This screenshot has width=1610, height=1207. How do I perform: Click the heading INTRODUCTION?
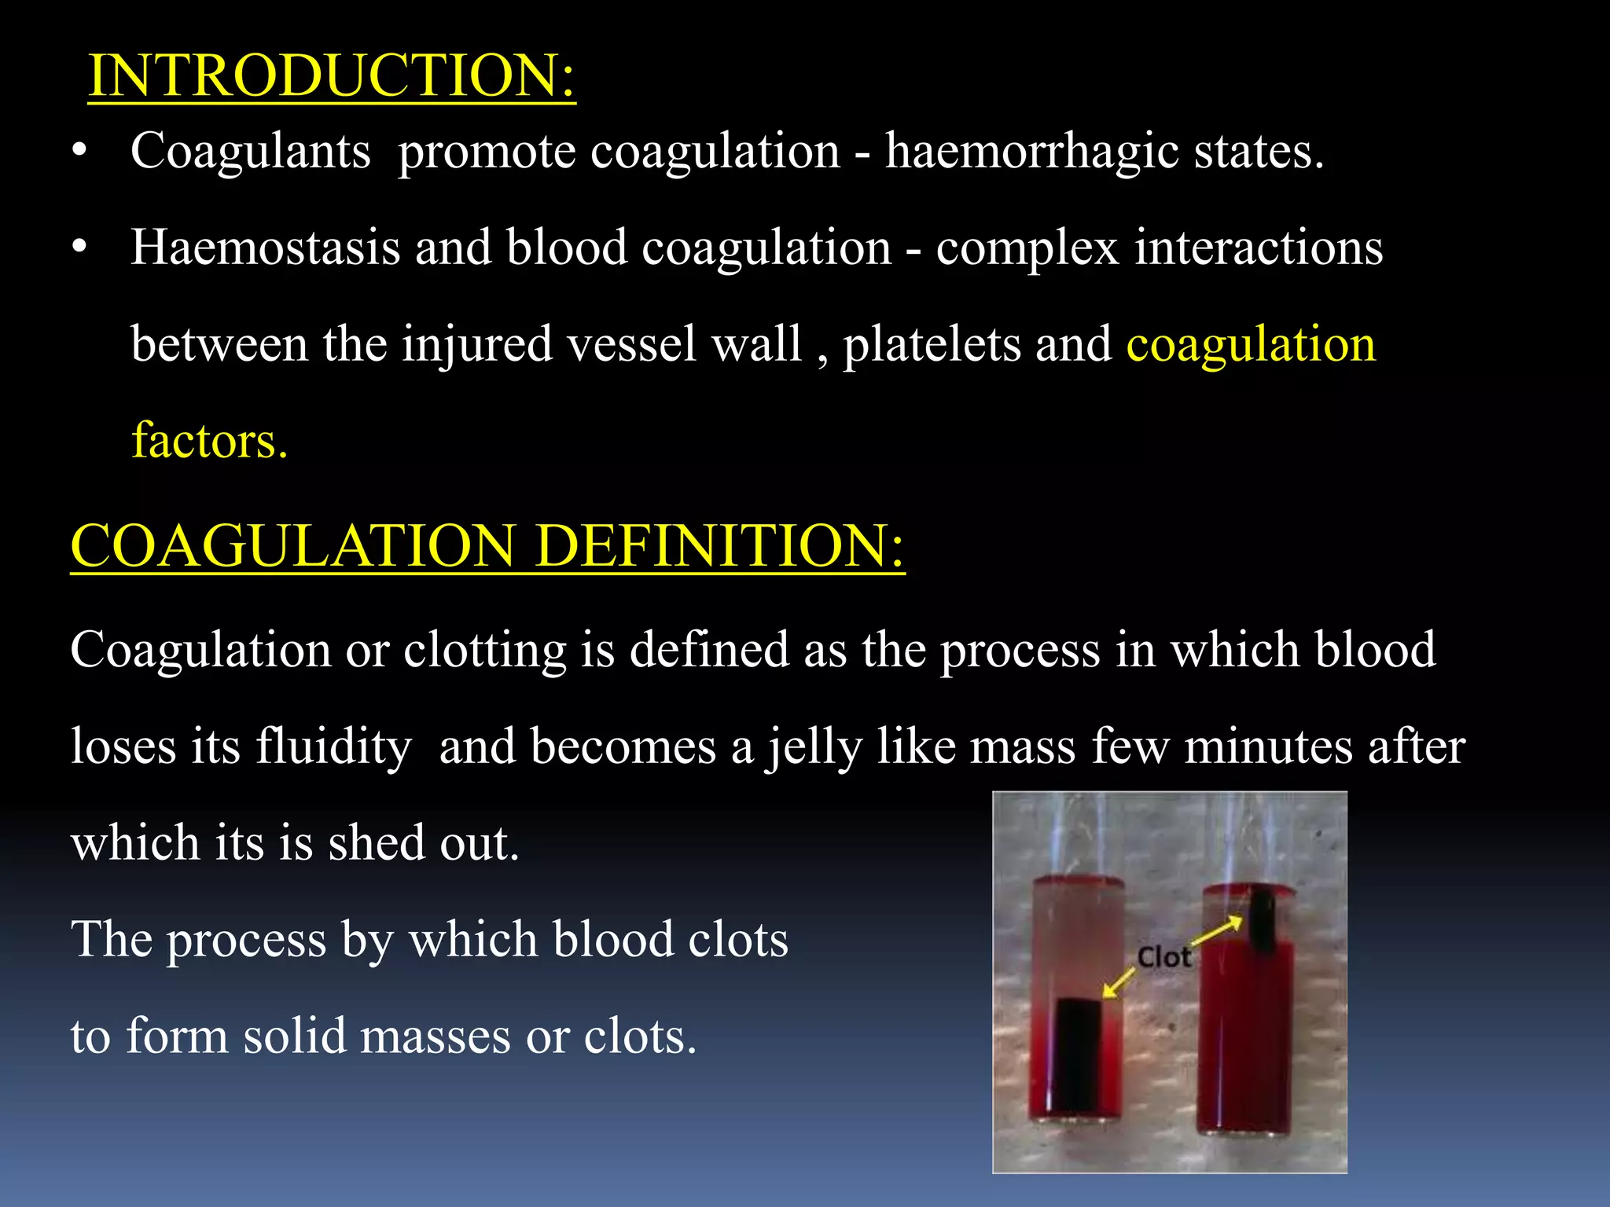[x=332, y=76]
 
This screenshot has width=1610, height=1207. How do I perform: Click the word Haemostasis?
[x=266, y=248]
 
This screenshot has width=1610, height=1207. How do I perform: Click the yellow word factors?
[x=209, y=440]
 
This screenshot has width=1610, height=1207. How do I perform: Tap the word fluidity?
[x=333, y=746]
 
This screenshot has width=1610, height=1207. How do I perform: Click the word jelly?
[x=814, y=747]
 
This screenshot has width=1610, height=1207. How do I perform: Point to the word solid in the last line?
[x=294, y=1036]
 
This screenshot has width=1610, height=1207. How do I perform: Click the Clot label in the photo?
[x=1163, y=957]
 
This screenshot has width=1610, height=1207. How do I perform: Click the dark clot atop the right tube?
[x=1262, y=919]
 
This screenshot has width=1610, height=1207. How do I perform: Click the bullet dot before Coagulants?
[x=79, y=151]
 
